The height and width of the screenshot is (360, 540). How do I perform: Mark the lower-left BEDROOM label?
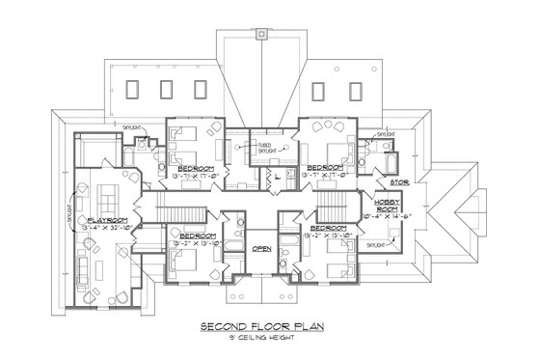(x=197, y=234)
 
